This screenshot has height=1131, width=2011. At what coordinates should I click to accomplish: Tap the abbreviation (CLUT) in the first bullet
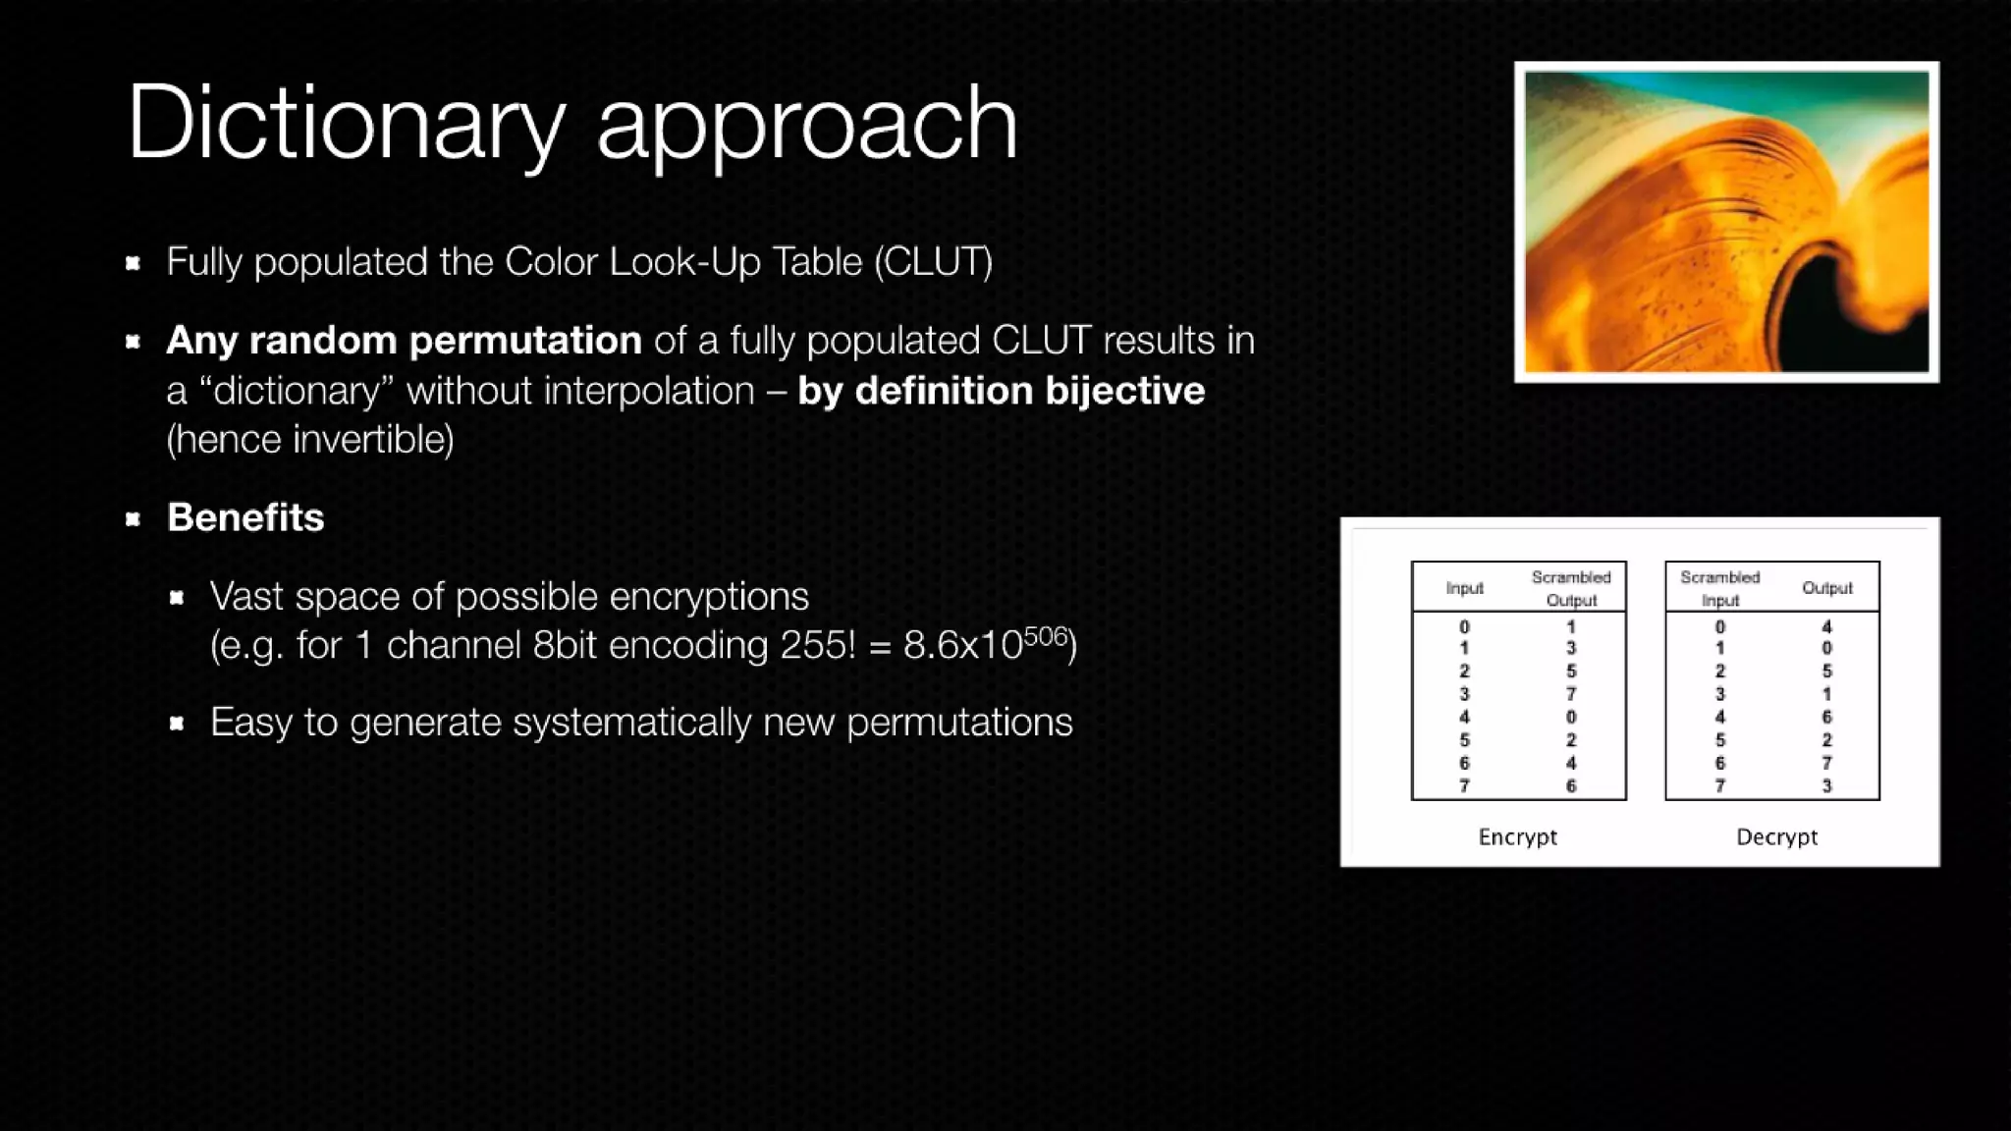(933, 262)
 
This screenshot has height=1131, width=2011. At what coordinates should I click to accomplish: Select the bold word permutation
(525, 341)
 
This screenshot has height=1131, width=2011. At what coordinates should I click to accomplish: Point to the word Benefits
(245, 517)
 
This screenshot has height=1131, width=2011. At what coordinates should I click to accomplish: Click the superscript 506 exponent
(1045, 636)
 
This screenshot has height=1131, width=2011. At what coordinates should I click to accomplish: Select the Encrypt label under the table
(1517, 837)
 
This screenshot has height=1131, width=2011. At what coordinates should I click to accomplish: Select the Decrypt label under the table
(1776, 837)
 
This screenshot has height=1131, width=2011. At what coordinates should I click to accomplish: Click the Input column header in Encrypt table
(1464, 588)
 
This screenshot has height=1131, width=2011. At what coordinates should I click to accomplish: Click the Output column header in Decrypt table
(1826, 588)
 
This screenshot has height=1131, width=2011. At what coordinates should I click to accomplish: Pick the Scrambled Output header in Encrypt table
(1571, 588)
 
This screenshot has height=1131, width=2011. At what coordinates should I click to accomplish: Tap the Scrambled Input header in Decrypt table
(1719, 588)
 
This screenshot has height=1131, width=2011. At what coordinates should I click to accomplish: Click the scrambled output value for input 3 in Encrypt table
(1571, 694)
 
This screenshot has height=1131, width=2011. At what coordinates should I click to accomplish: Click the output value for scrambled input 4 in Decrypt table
(1826, 718)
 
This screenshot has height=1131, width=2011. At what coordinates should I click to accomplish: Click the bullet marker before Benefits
(134, 518)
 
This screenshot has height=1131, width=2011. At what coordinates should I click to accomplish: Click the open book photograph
(1725, 222)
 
